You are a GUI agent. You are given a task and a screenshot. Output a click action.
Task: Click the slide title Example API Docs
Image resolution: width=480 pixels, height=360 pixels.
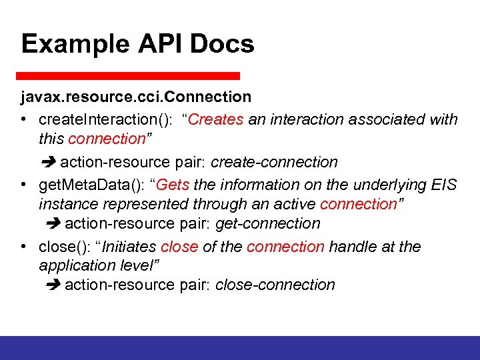[x=137, y=44]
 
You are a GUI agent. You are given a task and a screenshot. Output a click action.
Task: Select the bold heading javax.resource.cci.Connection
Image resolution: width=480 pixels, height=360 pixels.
[x=135, y=97]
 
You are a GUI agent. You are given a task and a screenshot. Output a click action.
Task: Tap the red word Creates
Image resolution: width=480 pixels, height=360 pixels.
[x=218, y=120]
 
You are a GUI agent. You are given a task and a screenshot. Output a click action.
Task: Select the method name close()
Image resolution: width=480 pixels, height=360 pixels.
[x=62, y=247]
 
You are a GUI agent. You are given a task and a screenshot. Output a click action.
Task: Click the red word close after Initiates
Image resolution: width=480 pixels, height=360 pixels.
[x=179, y=247]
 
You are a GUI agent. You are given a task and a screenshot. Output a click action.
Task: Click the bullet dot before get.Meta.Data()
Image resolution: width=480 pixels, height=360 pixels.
[x=23, y=185]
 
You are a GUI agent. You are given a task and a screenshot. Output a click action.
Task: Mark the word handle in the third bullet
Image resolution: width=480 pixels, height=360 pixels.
[x=353, y=247]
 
